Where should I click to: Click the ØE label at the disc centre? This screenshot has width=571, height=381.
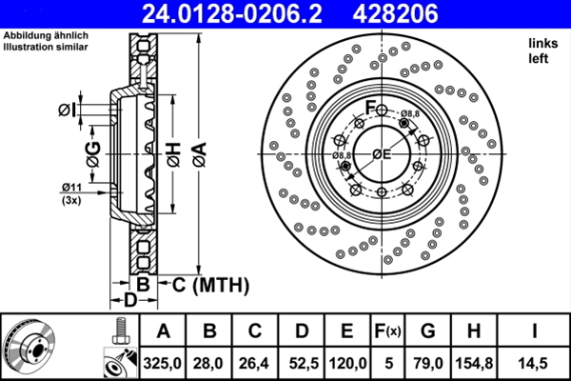pos(383,154)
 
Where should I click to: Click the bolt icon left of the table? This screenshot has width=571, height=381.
pos(119,331)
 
